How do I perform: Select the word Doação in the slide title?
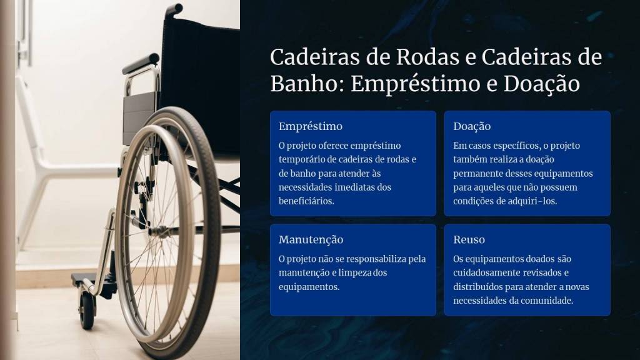(542, 85)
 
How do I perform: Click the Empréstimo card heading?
(311, 126)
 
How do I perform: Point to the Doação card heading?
(472, 126)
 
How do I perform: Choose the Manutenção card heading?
(311, 239)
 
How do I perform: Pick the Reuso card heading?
(469, 239)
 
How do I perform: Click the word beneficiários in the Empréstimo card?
(306, 201)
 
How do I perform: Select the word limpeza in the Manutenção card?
(355, 272)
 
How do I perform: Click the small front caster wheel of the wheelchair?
(86, 311)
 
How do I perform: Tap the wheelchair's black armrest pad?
(141, 64)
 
